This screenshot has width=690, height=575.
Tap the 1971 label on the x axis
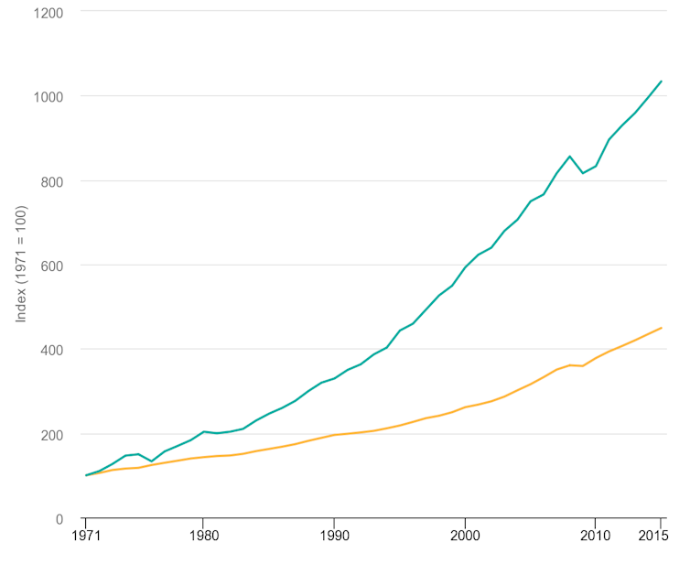click(86, 536)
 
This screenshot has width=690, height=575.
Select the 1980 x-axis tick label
click(203, 536)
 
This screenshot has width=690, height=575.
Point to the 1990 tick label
click(334, 536)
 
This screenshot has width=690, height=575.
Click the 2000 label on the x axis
click(465, 536)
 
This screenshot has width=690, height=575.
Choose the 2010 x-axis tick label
click(596, 536)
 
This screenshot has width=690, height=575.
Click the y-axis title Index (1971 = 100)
click(21, 264)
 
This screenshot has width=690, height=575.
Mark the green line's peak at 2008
click(570, 157)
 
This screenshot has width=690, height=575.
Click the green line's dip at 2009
click(583, 173)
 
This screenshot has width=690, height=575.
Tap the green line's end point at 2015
click(661, 81)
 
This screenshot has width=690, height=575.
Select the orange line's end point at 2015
click(661, 328)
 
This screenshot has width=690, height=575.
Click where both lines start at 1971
click(86, 475)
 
